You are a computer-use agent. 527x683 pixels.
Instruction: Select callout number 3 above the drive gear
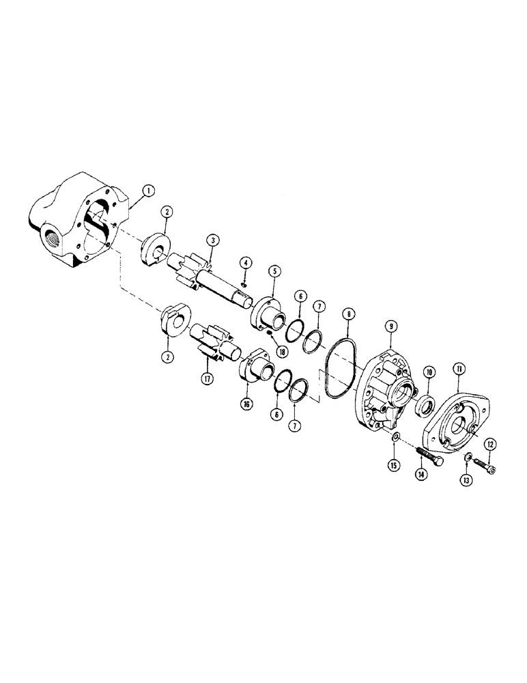click(214, 240)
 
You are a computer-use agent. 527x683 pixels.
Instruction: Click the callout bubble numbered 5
click(274, 271)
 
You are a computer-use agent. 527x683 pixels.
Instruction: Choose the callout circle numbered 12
click(489, 444)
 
